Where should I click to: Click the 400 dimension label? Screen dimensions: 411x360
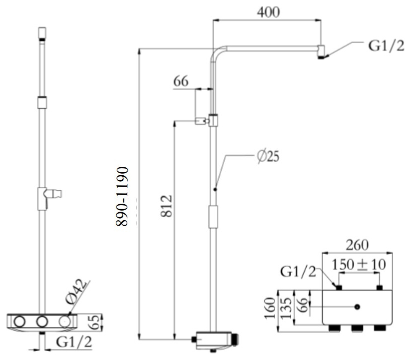pos(268,12)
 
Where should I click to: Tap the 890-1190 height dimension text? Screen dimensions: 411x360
pos(122,196)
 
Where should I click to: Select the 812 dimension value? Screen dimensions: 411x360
pos(166,206)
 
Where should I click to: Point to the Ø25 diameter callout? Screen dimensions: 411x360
pos(268,156)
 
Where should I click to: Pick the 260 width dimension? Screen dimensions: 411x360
pos(357,245)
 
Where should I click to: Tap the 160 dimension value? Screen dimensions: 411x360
pos(270,308)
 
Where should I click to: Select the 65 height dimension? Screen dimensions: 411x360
pos(94,322)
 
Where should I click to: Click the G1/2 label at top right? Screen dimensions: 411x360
pos(386,46)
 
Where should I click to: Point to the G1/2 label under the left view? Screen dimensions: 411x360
pos(74,342)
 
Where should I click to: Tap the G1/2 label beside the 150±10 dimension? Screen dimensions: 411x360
pos(298,272)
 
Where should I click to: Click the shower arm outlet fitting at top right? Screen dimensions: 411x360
pos(322,52)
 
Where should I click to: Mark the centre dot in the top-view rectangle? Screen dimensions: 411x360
pos(357,307)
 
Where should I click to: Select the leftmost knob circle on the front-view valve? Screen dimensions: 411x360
pos(19,322)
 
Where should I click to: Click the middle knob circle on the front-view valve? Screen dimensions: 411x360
pos(42,322)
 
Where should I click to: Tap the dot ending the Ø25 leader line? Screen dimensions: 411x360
pos(215,189)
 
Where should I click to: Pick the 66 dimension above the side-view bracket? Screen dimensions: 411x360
pos(181,81)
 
